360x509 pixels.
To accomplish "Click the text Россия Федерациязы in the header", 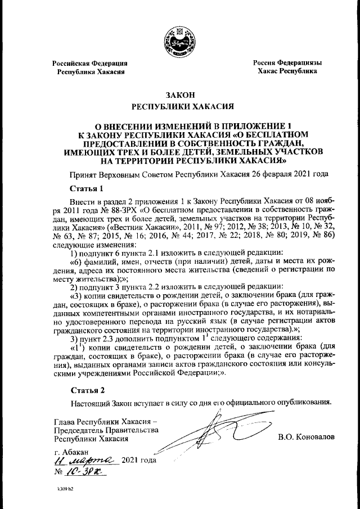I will point(287,64).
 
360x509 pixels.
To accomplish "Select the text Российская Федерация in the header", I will point(89,64).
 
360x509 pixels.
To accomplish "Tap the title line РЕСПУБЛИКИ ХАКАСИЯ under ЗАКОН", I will point(179,106).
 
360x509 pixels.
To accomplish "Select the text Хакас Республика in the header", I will point(287,72).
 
